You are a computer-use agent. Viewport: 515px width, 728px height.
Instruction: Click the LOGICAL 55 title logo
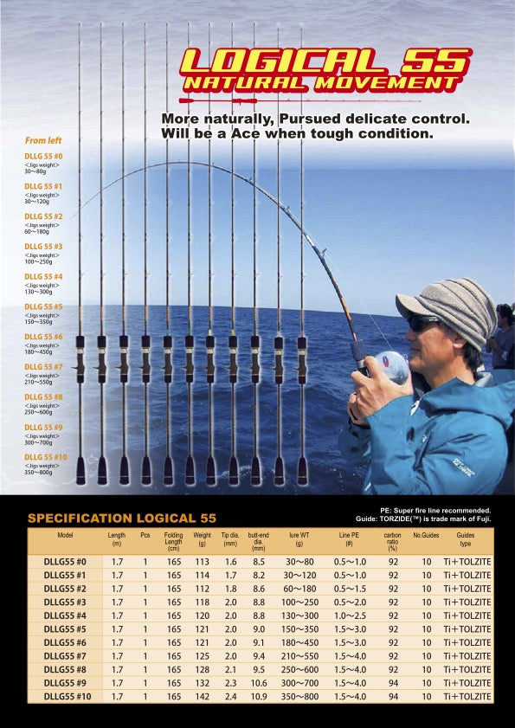(325, 61)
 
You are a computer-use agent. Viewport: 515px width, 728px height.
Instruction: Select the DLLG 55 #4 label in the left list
(43, 277)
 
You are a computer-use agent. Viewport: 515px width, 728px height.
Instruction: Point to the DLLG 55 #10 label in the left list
(46, 457)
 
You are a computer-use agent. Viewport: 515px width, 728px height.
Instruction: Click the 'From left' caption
(43, 140)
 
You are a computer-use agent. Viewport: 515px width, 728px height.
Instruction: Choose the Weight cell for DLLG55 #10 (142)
(203, 696)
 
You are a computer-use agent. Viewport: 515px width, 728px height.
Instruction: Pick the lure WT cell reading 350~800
(299, 696)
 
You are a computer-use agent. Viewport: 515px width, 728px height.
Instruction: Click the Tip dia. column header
(229, 540)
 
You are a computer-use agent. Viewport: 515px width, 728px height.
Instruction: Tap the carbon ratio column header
(393, 541)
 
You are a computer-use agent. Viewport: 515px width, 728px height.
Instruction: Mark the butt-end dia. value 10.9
(258, 696)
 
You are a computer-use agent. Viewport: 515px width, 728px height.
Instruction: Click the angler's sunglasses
(423, 323)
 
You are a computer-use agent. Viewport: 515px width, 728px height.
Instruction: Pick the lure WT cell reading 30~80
(299, 561)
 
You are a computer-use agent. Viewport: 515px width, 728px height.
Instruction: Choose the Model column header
(65, 536)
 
